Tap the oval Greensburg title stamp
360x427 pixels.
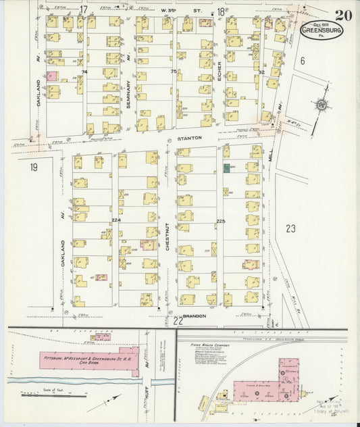(x=317, y=30)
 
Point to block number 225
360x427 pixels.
(x=220, y=221)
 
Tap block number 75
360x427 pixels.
(x=174, y=71)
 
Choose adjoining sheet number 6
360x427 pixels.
(x=303, y=61)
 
